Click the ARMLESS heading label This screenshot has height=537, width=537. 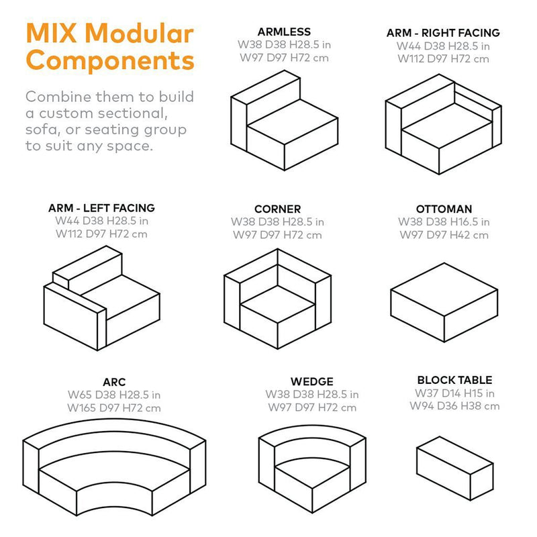point(284,32)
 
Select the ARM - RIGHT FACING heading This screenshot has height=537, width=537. point(443,33)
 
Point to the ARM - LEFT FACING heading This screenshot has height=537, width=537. point(101,208)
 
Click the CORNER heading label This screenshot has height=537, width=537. point(277,209)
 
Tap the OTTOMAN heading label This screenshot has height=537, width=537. point(444,209)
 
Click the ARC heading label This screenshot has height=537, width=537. point(114,382)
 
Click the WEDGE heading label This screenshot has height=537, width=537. point(312,382)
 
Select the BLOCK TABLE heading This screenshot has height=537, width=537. point(454,380)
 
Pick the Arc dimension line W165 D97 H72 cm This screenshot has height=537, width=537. point(114,407)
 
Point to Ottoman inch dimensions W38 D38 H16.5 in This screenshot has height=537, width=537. point(444,222)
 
